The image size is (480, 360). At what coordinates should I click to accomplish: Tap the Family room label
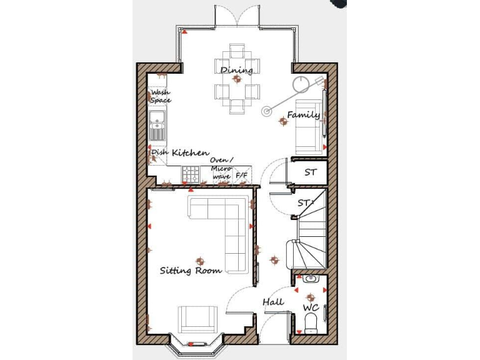[x=303, y=114]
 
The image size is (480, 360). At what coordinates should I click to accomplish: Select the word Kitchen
[x=191, y=152]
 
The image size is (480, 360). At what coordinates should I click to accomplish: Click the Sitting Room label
[x=191, y=271]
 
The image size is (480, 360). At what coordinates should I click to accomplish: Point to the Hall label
[x=272, y=302]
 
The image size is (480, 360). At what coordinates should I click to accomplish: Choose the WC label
[x=311, y=309]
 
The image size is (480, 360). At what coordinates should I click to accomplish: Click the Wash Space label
[x=161, y=97]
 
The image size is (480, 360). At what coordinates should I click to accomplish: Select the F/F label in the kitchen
[x=241, y=177]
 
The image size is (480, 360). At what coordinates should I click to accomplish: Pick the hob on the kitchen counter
[x=191, y=175]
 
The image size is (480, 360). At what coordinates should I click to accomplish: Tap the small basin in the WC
[x=310, y=279]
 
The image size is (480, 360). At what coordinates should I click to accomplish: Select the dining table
[x=237, y=79]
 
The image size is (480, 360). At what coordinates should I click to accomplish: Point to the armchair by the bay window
[x=199, y=319]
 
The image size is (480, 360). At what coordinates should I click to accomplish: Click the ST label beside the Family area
[x=311, y=172]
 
